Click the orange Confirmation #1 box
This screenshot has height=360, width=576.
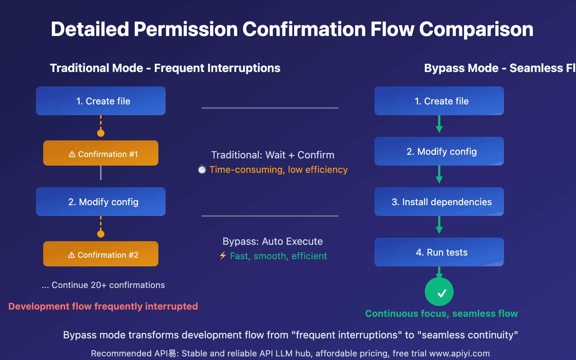[x=101, y=153]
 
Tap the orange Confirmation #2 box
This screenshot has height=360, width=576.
[x=101, y=254]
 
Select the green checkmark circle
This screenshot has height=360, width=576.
[x=439, y=292]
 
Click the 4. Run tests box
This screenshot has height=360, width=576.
[x=439, y=252]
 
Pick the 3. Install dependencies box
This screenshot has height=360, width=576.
[x=439, y=202]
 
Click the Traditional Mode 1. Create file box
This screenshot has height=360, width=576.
[x=101, y=101]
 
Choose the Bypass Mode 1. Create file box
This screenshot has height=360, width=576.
[x=439, y=101]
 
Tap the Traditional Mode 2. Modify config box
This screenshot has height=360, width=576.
[x=101, y=202]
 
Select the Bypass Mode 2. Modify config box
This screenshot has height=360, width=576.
[x=439, y=151]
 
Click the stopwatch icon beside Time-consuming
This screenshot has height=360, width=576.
[x=202, y=169]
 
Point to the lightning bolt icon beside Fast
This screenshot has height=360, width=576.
[x=223, y=256]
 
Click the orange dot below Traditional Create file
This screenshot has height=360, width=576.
[x=101, y=133]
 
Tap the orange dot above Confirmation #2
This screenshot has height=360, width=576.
[x=101, y=234]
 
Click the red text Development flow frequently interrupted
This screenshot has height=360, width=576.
[x=103, y=306]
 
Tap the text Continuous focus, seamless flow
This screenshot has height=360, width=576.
[x=441, y=314]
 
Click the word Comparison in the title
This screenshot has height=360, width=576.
[x=476, y=30]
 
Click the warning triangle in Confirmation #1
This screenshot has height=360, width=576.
[x=72, y=154]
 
